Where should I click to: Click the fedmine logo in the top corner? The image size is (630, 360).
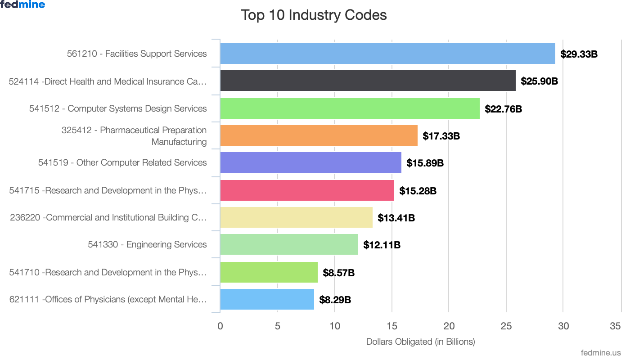pyautogui.click(x=22, y=5)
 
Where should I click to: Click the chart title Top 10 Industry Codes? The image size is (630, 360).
pyautogui.click(x=314, y=15)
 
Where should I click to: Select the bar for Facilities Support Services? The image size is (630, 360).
pyautogui.click(x=387, y=54)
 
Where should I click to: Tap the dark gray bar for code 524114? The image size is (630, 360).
pyautogui.click(x=368, y=81)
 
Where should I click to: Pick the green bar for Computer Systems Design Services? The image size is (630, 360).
pyautogui.click(x=350, y=108)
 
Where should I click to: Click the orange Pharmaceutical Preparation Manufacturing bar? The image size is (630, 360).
pyautogui.click(x=319, y=135)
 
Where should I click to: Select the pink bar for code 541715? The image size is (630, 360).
pyautogui.click(x=307, y=190)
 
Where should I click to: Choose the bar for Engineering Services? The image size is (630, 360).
pyautogui.click(x=289, y=244)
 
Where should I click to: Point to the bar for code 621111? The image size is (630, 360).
pyautogui.click(x=267, y=299)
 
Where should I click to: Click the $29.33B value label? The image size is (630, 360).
pyautogui.click(x=579, y=54)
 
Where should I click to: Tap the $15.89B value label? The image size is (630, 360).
pyautogui.click(x=425, y=163)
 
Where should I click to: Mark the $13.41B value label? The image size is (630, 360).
pyautogui.click(x=396, y=218)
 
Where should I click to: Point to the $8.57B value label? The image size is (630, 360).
pyautogui.click(x=338, y=273)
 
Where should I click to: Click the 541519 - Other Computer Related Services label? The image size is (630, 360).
pyautogui.click(x=122, y=162)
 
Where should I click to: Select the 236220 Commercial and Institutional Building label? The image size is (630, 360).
pyautogui.click(x=108, y=217)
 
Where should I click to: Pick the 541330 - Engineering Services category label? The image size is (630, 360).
pyautogui.click(x=147, y=244)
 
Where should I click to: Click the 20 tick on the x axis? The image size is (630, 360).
pyautogui.click(x=449, y=326)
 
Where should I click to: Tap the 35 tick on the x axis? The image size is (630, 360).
pyautogui.click(x=615, y=326)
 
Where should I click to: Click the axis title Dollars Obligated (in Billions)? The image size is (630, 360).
pyautogui.click(x=420, y=342)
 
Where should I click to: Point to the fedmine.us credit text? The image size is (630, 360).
pyautogui.click(x=601, y=353)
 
